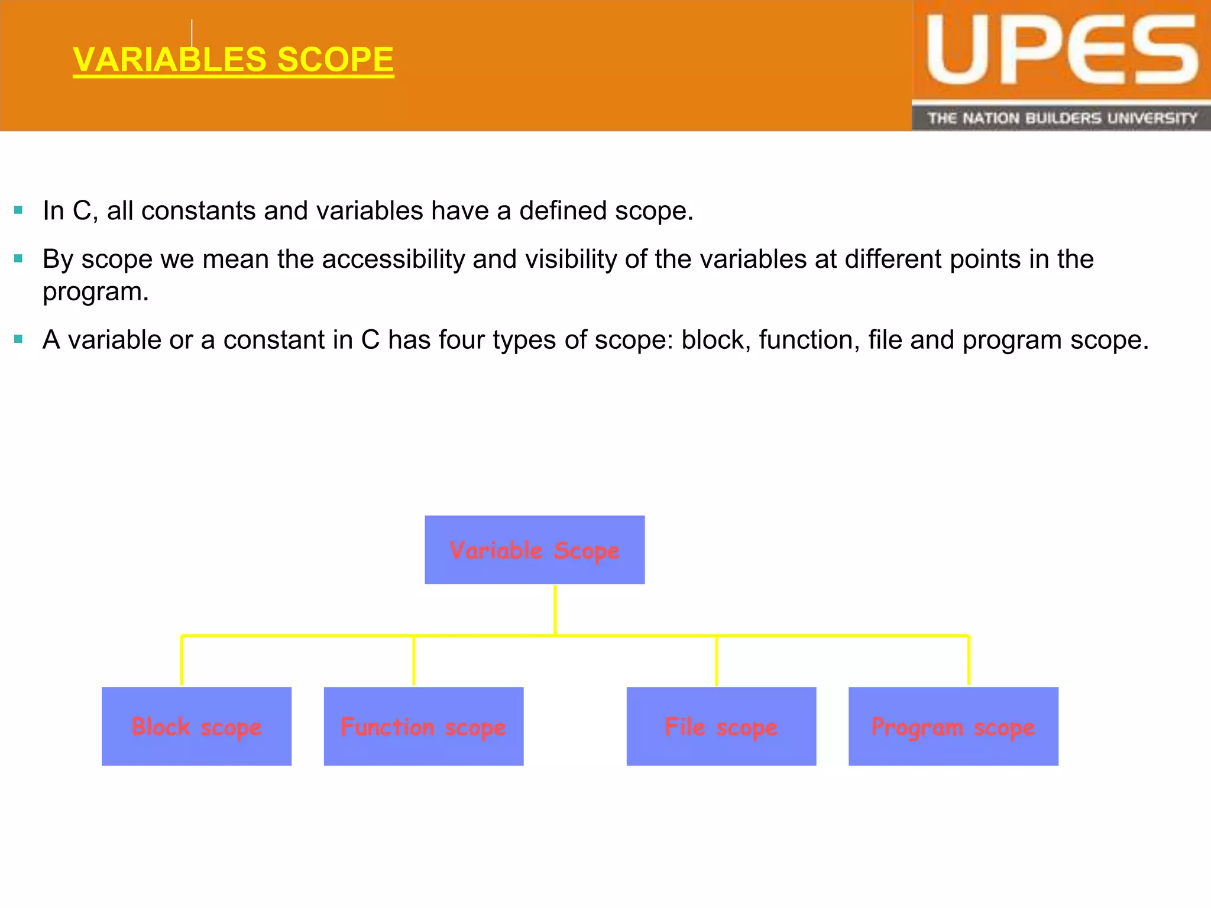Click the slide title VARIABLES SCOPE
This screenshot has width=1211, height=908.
(233, 60)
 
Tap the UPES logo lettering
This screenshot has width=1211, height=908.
(1061, 51)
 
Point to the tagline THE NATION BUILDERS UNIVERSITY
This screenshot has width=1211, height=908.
(1061, 118)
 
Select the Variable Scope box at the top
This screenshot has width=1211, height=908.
(535, 550)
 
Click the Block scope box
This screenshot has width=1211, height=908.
(196, 726)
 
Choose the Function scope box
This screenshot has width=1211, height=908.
(423, 726)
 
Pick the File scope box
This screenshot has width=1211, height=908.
(721, 726)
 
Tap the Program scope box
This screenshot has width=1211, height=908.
(953, 726)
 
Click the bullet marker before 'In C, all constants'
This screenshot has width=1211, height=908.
(18, 210)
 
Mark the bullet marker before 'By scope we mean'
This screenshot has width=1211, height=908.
(18, 258)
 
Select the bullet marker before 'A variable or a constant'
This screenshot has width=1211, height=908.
(18, 339)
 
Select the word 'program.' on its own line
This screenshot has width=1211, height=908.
(96, 292)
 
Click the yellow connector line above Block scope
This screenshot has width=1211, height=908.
(182, 660)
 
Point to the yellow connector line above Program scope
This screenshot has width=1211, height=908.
(969, 660)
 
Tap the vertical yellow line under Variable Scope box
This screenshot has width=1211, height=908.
(555, 610)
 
